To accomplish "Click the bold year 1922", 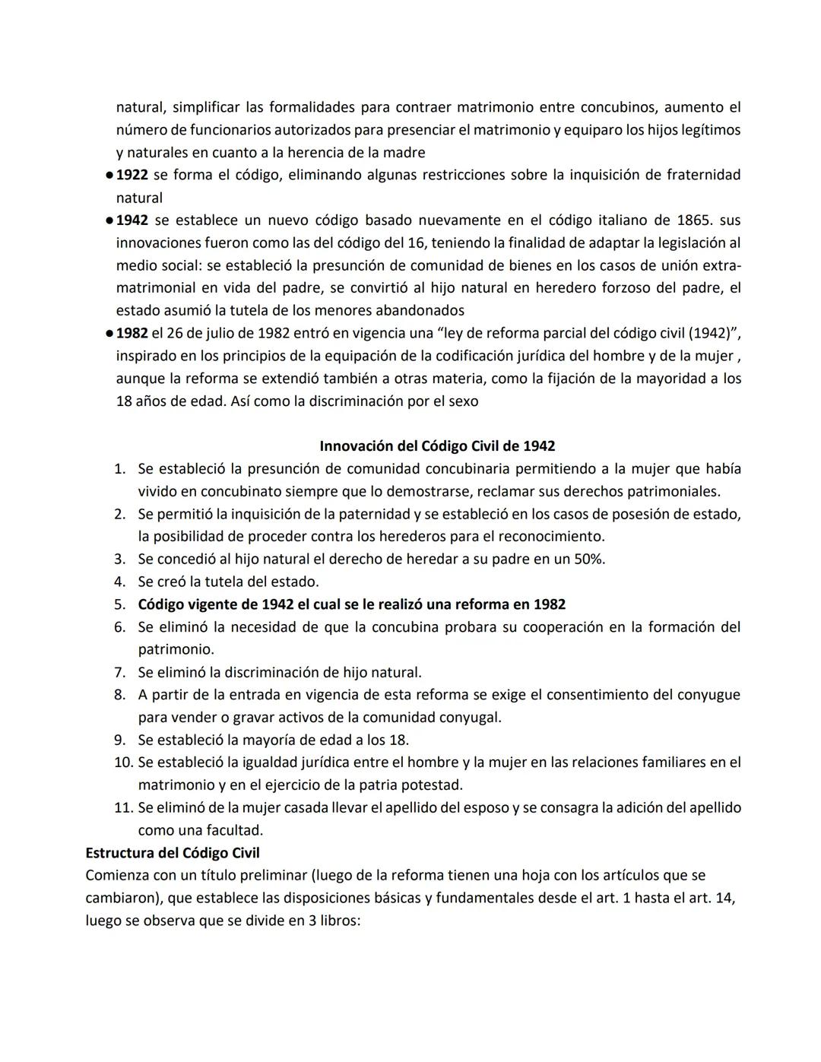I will pos(132,175).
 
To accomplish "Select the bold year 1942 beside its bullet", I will pos(132,220).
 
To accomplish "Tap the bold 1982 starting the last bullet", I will pos(132,333).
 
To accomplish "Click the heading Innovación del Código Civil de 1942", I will pos(437,446).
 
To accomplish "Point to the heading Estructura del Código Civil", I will pos(173,853).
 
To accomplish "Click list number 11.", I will pos(123,807).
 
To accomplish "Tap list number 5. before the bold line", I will pos(119,604).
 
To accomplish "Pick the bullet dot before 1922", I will pos(109,176).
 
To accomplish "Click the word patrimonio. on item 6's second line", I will pos(176,649).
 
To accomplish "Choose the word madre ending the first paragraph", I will pos(405,152).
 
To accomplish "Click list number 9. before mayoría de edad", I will pos(119,740).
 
